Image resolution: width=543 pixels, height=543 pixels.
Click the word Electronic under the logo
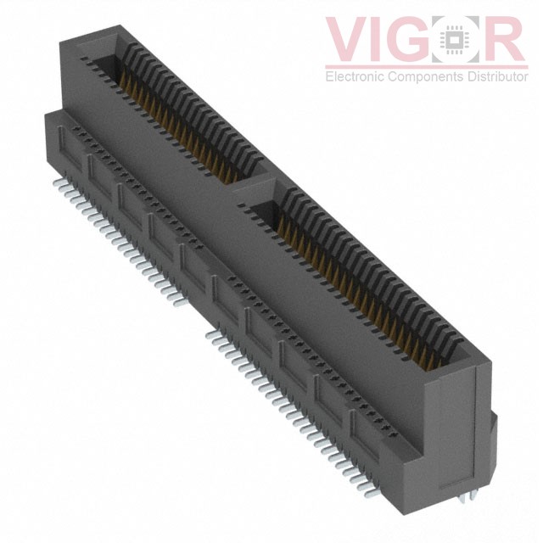tap(355, 78)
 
